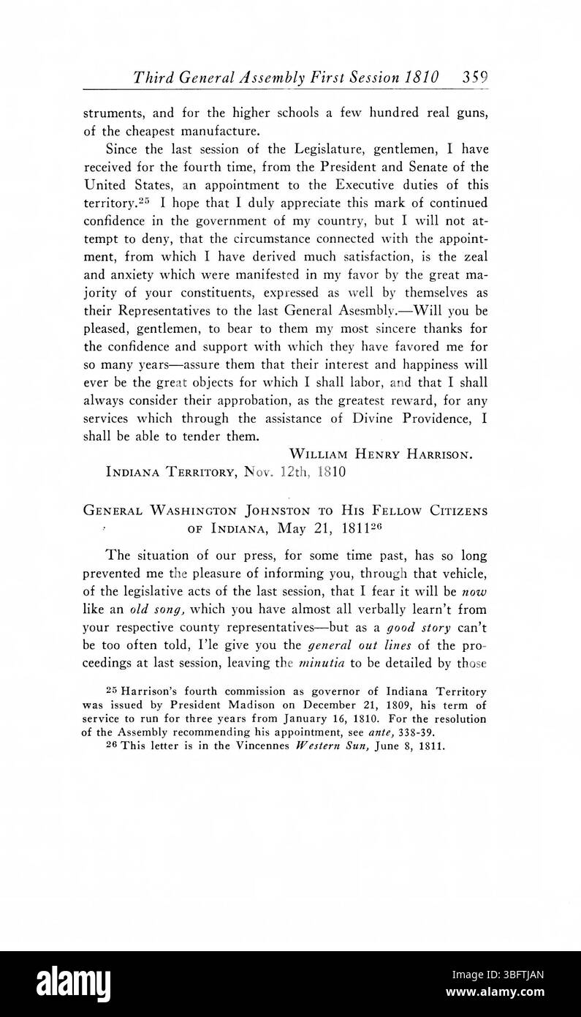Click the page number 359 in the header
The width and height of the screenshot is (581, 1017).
coord(474,77)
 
